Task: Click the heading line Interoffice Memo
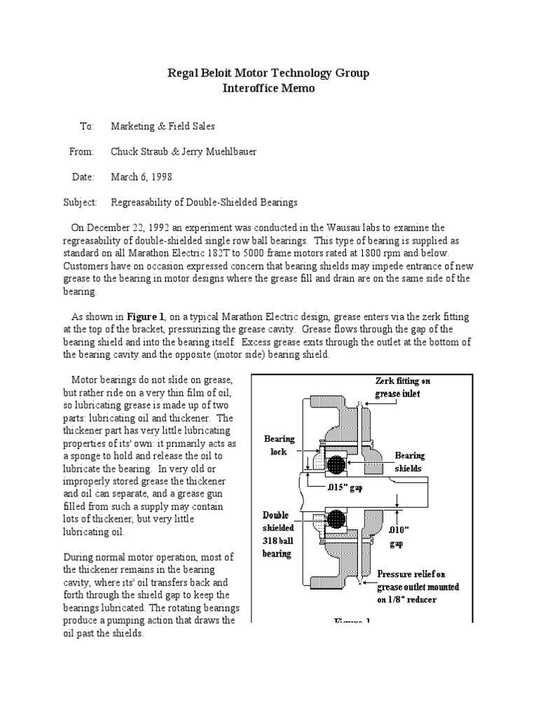(x=269, y=89)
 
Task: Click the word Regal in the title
(x=182, y=74)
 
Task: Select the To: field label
(x=86, y=126)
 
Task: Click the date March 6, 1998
(x=142, y=177)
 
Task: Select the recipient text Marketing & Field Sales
(x=163, y=126)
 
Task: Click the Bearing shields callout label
(x=410, y=461)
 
